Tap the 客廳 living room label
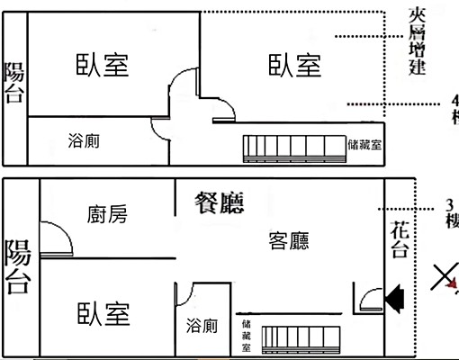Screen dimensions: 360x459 [x=289, y=240]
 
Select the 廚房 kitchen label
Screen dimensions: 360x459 [x=107, y=214]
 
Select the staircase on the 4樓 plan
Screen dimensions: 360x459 [x=292, y=146]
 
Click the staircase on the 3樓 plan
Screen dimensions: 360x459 [x=301, y=339]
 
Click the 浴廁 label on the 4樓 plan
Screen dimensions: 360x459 [x=85, y=140]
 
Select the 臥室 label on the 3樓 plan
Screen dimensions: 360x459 [x=103, y=314]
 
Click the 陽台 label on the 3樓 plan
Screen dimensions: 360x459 [x=17, y=267]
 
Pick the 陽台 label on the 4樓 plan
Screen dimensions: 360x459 [x=13, y=83]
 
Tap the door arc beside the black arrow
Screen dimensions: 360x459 [x=367, y=298]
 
